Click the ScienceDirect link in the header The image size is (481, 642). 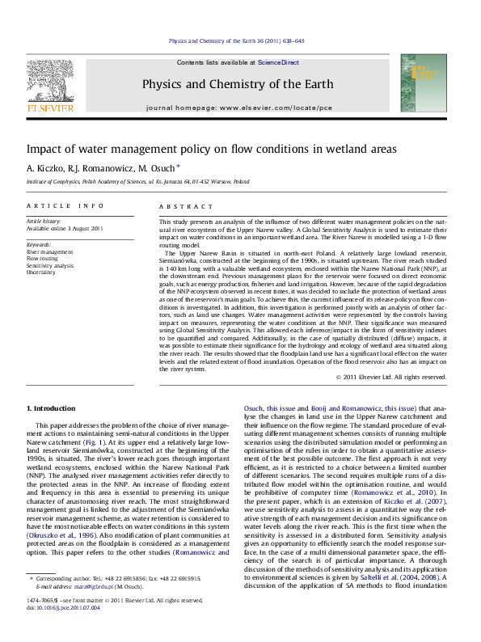point(278,62)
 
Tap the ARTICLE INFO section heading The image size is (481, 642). point(64,207)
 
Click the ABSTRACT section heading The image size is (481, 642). point(179,207)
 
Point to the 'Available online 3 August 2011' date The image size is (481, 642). point(65,228)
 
